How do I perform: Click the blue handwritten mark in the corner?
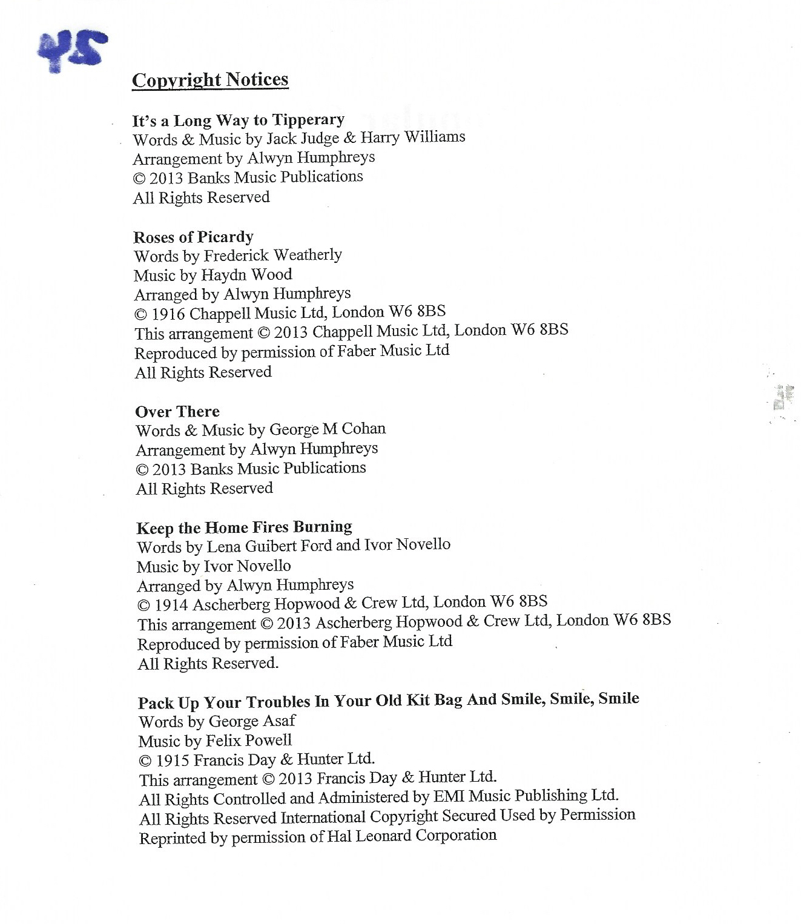click(x=71, y=50)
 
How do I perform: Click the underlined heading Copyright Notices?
click(x=210, y=80)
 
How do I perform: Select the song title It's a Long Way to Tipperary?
click(x=239, y=120)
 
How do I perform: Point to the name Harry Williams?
click(x=413, y=137)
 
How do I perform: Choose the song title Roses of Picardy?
click(x=194, y=237)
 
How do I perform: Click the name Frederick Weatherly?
click(x=272, y=256)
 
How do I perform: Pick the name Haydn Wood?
click(x=246, y=275)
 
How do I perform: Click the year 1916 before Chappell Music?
click(x=168, y=314)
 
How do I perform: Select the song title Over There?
click(x=177, y=412)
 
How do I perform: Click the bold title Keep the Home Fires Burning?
click(x=245, y=527)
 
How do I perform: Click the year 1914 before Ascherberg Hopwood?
click(x=171, y=605)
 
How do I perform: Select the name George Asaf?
click(x=252, y=721)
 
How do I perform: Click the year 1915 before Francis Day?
click(x=173, y=761)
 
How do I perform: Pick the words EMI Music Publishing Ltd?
click(x=526, y=796)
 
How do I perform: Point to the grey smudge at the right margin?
click(x=782, y=398)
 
